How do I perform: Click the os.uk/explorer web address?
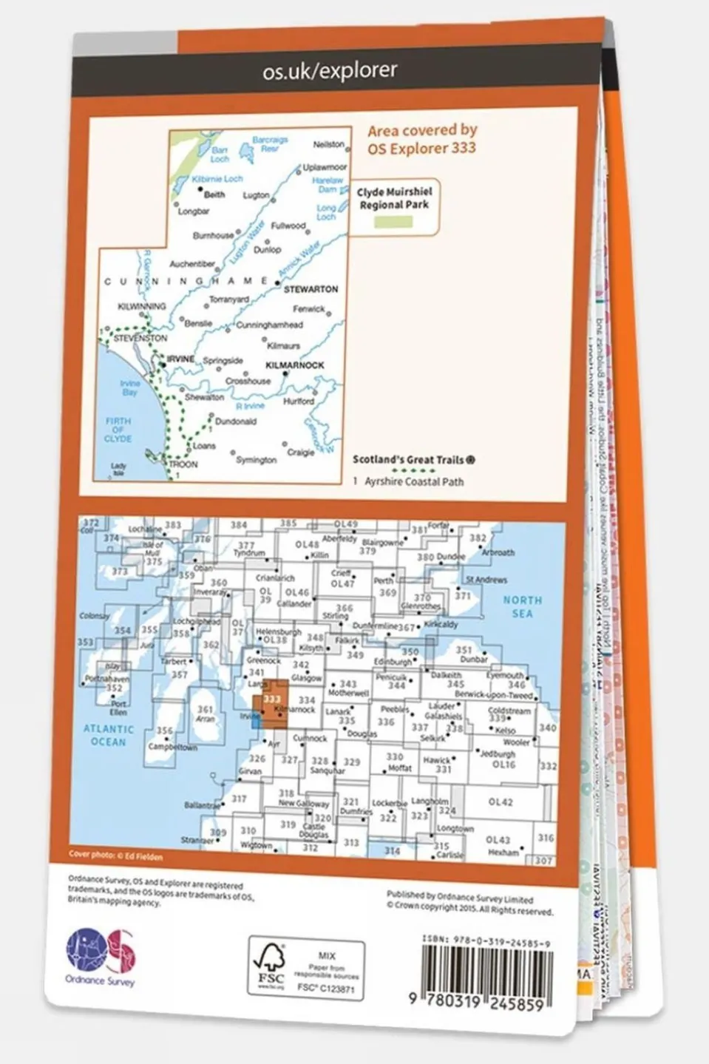pos(330,70)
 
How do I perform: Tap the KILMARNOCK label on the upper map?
pos(294,365)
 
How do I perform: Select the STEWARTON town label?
pos(311,289)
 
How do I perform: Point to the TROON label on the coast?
pos(183,464)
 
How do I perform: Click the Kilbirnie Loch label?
pos(217,179)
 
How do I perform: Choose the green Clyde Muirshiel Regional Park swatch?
pos(393,222)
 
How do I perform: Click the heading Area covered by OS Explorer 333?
pos(422,139)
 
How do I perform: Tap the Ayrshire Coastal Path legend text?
pos(414,481)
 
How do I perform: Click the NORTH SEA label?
pos(522,607)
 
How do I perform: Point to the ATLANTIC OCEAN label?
pos(108,735)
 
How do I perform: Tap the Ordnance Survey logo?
pos(101,955)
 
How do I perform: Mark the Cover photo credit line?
pos(115,855)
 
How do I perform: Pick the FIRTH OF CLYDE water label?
pos(118,430)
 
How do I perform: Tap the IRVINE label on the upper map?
pos(180,359)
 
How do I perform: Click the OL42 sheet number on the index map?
pos(501,802)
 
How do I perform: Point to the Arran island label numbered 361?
pos(205,713)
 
